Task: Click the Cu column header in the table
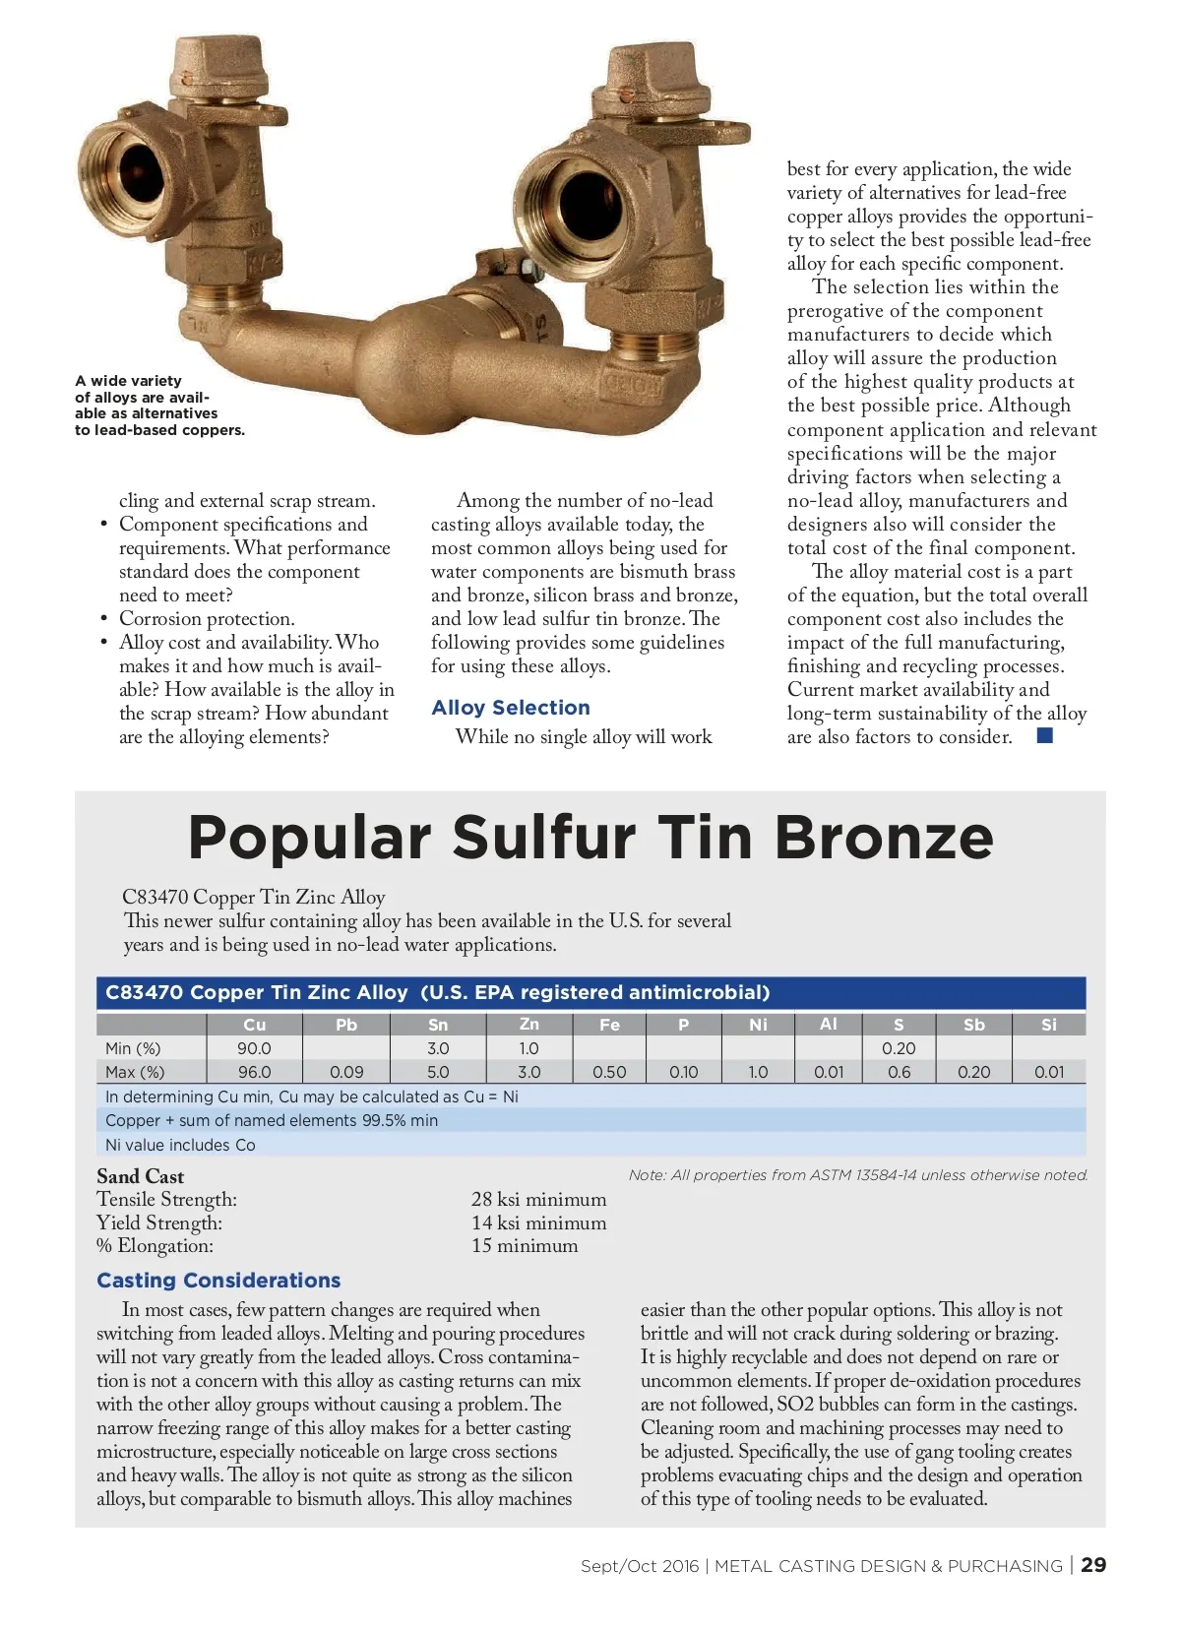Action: coord(254,1025)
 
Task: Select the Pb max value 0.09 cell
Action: coord(346,1072)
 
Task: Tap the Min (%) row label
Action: coord(133,1048)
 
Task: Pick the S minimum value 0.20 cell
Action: coord(899,1048)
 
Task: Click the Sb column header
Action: coord(973,1025)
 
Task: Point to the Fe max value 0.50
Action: coord(609,1072)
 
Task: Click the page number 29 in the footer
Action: coord(1093,1565)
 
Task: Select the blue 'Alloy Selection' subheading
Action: coord(511,708)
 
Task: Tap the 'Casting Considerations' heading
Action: coord(218,1280)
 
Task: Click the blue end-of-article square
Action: coord(1045,735)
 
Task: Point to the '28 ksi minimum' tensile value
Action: coord(538,1199)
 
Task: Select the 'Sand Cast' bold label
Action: coord(140,1176)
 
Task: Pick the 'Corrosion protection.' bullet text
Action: coord(207,618)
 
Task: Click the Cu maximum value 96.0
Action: coord(254,1072)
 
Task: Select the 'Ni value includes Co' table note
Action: coord(180,1145)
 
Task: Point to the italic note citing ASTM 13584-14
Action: coord(858,1175)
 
